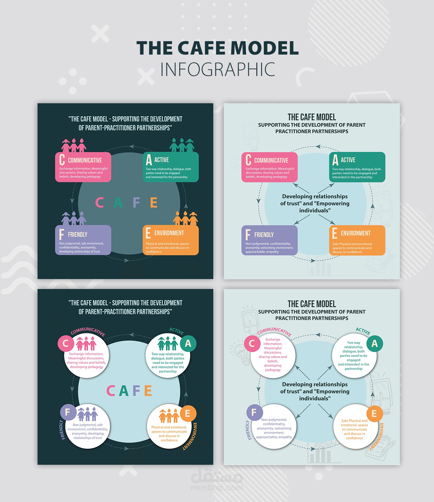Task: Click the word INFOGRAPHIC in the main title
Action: click(218, 69)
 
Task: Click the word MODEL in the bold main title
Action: click(264, 48)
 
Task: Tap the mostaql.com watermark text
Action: click(217, 488)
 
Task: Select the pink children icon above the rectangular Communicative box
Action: click(74, 145)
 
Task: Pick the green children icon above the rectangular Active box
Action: click(182, 145)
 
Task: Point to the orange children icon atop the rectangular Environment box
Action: click(185, 218)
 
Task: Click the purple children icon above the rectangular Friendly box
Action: click(74, 218)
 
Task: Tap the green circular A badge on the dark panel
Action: click(188, 344)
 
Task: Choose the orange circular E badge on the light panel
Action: click(374, 414)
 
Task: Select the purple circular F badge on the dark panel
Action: click(68, 412)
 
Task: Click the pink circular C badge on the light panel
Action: click(252, 344)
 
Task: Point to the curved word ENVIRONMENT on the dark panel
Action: click(190, 436)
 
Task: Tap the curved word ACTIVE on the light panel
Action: click(363, 331)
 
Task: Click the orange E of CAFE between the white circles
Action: click(148, 391)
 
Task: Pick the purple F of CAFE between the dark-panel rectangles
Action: click(136, 202)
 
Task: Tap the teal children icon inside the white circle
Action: click(168, 344)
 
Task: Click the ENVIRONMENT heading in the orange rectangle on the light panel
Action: click(356, 233)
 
